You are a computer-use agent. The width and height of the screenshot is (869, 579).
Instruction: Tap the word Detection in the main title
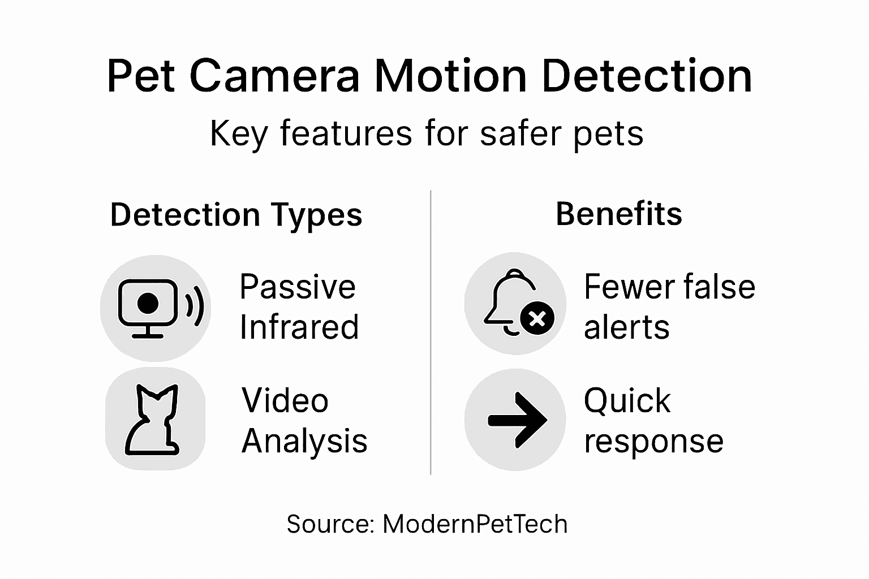coord(647,76)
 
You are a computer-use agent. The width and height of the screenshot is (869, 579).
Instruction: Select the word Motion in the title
coord(450,76)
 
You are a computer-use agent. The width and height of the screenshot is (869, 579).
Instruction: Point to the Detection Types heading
coord(236,215)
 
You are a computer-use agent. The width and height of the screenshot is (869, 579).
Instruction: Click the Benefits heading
coord(619,214)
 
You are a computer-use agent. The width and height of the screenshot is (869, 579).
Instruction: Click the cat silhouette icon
coord(152,421)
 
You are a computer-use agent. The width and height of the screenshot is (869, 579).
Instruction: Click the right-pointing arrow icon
coord(517,420)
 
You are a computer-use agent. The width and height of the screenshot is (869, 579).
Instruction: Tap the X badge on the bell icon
coord(537,319)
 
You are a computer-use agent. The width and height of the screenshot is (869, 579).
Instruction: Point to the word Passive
coord(297,287)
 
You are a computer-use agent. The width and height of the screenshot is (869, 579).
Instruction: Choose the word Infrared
coord(299,327)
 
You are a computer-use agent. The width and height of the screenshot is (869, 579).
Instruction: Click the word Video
coord(285,400)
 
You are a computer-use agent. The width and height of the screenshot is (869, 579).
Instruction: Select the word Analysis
coord(304,441)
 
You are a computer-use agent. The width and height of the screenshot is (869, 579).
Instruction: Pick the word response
coord(653,441)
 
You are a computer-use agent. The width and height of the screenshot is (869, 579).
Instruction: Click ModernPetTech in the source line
coord(475,524)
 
